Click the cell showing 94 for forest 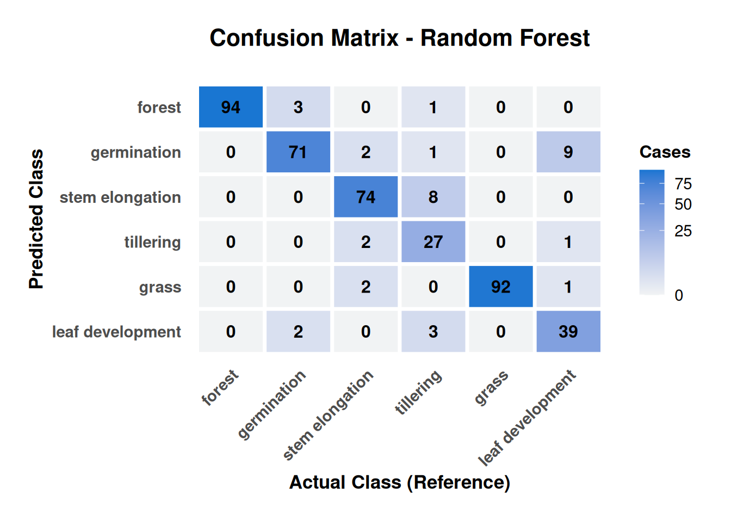[x=231, y=107]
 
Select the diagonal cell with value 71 [x=298, y=152]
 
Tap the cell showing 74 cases [x=366, y=197]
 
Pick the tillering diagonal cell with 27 [x=433, y=242]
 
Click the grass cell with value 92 [x=501, y=287]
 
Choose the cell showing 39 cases [x=568, y=332]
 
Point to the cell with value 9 [x=568, y=152]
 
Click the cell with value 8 [x=433, y=197]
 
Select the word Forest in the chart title [x=554, y=38]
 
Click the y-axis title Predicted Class [x=36, y=219]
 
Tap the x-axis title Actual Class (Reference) [x=399, y=482]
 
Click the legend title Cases [x=665, y=152]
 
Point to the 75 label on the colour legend [x=683, y=184]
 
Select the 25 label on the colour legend [x=683, y=231]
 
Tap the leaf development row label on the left [x=116, y=332]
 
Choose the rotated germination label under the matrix [x=271, y=405]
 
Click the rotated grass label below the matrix [x=491, y=387]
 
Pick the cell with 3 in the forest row [x=298, y=107]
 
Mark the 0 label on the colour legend [x=679, y=295]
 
